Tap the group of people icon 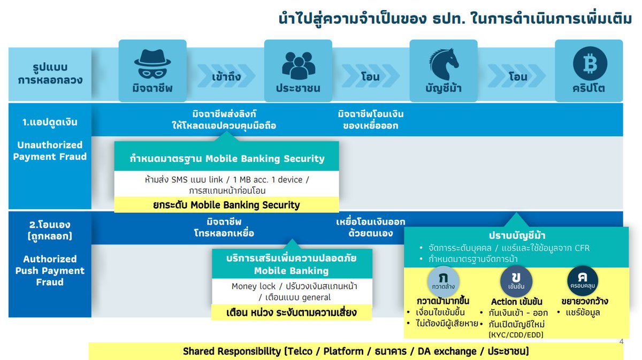299,64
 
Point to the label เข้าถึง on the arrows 226,76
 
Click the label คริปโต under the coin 588,88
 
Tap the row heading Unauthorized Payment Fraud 49,151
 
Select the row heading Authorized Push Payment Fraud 49,270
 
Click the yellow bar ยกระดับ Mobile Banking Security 226,205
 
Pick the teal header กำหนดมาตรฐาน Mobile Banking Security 226,158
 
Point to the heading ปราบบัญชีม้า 517,236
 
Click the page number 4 621,342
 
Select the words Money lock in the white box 253,286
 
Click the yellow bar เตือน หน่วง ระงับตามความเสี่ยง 292,312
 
